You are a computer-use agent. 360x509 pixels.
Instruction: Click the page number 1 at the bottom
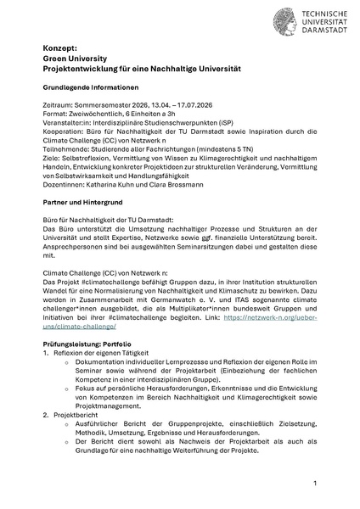314,483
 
